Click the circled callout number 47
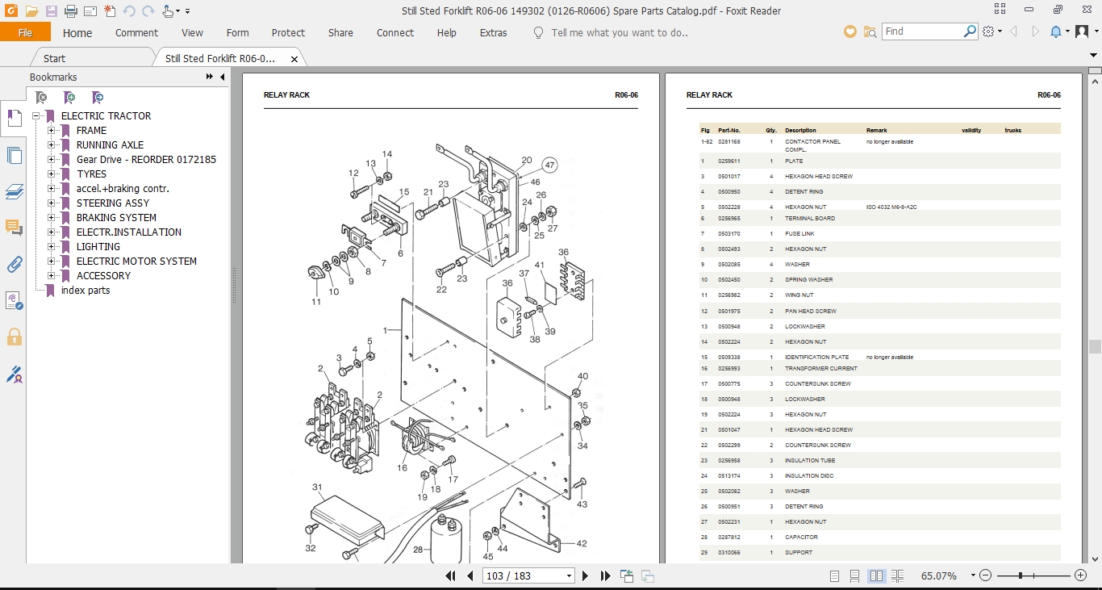click(x=550, y=165)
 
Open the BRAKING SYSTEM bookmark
click(x=116, y=218)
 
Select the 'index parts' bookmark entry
click(x=86, y=291)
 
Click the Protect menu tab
click(x=288, y=33)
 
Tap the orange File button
click(x=25, y=33)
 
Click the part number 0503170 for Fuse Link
click(x=728, y=234)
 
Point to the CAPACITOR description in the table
click(x=801, y=538)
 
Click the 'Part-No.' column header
click(x=728, y=130)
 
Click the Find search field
click(x=921, y=31)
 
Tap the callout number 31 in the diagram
click(x=317, y=487)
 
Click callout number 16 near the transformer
click(x=402, y=468)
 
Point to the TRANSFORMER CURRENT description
click(x=820, y=369)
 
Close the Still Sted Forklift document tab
click(x=294, y=59)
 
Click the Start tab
click(x=55, y=59)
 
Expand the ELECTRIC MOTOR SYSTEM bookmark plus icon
click(x=52, y=262)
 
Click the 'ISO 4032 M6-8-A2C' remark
click(x=891, y=207)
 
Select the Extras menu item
click(x=493, y=33)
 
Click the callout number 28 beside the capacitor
click(x=418, y=550)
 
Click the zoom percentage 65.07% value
click(x=938, y=576)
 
